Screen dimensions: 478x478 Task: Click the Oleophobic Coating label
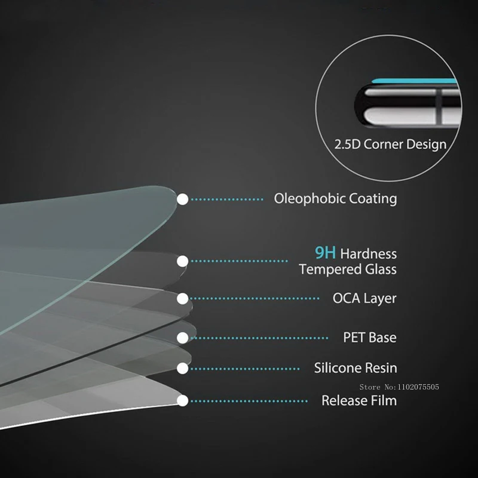coord(335,198)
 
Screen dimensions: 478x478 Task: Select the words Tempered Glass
coord(348,269)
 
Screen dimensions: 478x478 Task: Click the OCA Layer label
coord(364,298)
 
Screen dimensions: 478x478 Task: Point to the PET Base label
coord(369,338)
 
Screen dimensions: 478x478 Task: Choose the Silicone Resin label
coord(356,368)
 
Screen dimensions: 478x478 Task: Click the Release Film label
coord(359,400)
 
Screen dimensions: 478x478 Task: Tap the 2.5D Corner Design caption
coord(390,145)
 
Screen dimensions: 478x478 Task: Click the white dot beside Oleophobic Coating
coord(183,199)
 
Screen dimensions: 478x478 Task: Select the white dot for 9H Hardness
coord(183,261)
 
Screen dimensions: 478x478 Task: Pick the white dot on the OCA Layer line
coord(183,298)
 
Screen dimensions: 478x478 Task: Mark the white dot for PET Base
coord(183,338)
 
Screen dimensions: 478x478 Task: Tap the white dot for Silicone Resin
coord(183,368)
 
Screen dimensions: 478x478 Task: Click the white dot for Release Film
coord(183,400)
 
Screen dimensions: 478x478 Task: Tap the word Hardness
coord(369,255)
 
